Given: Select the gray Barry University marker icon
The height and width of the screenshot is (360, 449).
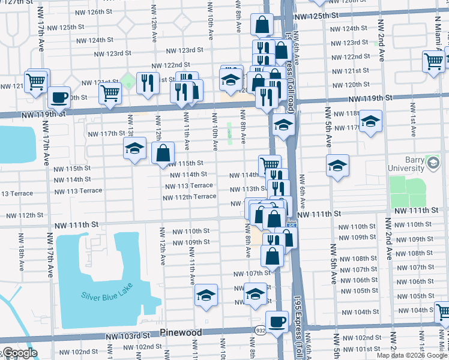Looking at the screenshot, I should [432, 162].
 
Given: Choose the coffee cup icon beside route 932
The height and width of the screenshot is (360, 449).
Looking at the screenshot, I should [277, 321].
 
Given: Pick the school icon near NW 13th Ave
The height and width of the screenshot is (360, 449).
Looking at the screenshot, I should [135, 148].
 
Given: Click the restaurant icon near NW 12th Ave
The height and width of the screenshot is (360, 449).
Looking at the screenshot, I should [148, 83].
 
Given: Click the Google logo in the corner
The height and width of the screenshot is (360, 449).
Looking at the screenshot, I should [19, 353].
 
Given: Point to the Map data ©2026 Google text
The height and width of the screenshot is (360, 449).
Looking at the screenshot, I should [412, 355].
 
